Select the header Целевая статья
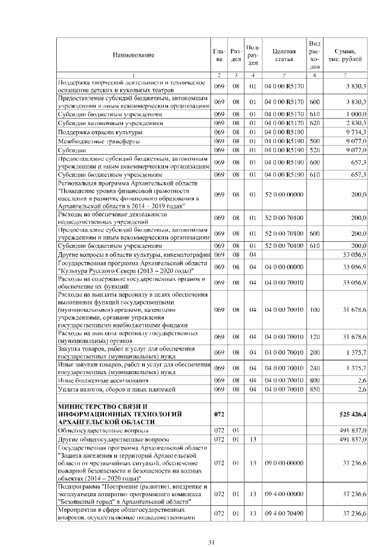click(x=284, y=56)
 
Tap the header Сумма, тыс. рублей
click(x=345, y=56)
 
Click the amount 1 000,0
click(x=353, y=114)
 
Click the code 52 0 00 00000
click(x=284, y=194)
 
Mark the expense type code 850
click(x=314, y=389)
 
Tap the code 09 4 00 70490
click(x=284, y=513)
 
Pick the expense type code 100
click(x=314, y=309)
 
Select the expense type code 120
click(x=314, y=336)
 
